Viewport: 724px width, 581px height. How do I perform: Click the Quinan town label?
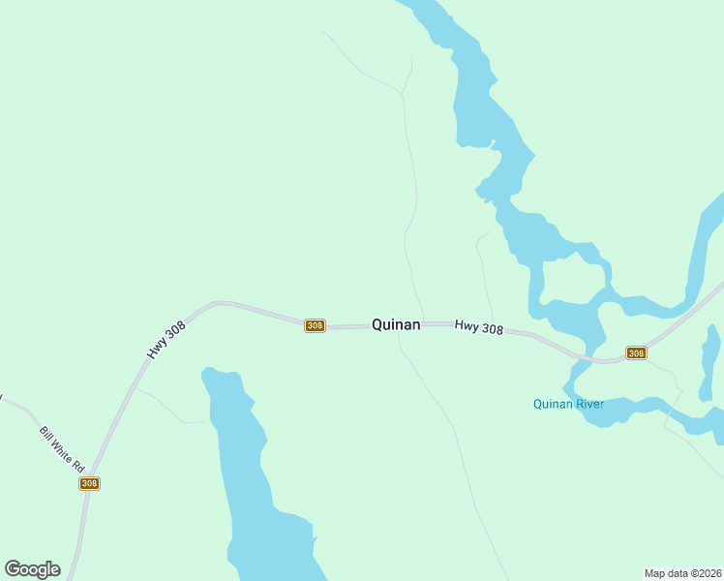(396, 325)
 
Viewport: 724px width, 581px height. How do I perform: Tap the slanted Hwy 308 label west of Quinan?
(166, 341)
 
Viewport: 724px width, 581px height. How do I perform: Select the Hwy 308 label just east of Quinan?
(479, 329)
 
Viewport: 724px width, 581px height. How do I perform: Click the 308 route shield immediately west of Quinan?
(315, 325)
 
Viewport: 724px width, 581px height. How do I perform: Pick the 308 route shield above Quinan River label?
(636, 352)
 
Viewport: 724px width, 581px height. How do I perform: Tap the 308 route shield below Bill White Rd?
(89, 483)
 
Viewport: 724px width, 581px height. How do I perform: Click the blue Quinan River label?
(568, 404)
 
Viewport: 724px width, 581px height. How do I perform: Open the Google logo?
(32, 569)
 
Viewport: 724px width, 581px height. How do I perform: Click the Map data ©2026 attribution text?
(682, 573)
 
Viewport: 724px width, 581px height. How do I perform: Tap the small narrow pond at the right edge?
(709, 363)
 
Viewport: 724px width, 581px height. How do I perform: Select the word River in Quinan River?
(588, 404)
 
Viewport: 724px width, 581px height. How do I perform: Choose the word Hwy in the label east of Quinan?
(467, 327)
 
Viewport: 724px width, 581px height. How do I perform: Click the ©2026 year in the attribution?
(702, 573)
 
